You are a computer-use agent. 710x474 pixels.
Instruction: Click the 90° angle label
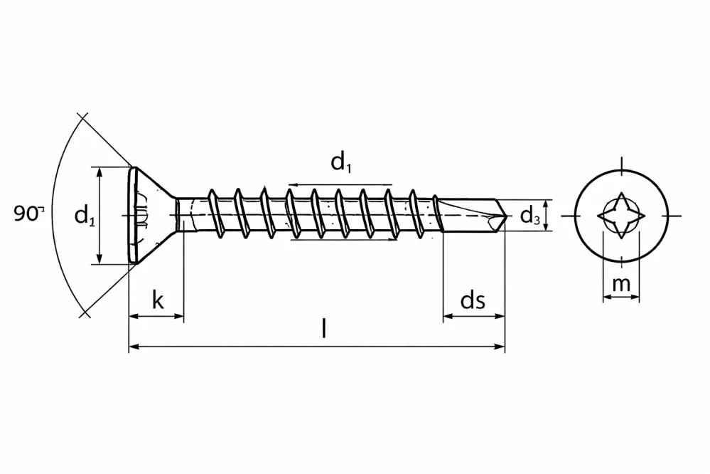[x=28, y=214]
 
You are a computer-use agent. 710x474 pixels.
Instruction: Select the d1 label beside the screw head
[x=85, y=215]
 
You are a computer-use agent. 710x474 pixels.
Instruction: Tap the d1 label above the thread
[x=340, y=163]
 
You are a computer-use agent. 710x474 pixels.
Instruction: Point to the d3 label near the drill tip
[x=529, y=215]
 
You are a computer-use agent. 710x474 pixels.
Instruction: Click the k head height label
[x=157, y=300]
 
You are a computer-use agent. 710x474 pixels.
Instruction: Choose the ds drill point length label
[x=473, y=300]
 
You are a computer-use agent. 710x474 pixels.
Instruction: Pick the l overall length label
[x=324, y=329]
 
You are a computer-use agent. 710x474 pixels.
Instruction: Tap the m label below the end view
[x=621, y=283]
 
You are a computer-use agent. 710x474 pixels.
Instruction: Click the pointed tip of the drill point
[x=507, y=214]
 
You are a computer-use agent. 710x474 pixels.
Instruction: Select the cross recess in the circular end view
[x=621, y=214]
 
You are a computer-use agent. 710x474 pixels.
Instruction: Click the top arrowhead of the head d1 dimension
[x=100, y=171]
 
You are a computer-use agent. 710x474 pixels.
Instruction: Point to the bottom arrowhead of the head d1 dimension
[x=100, y=260]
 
